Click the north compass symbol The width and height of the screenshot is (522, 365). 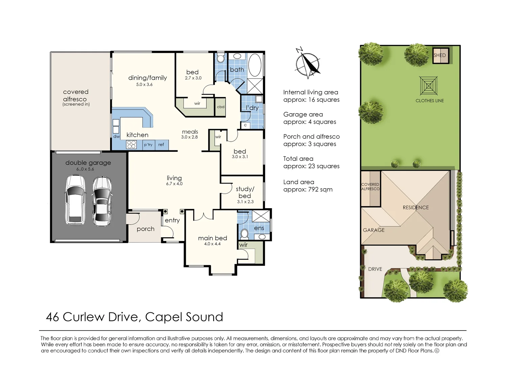[308, 63]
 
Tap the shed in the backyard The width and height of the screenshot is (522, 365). [441, 55]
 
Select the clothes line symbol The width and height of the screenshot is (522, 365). [428, 86]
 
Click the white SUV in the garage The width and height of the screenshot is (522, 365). [75, 200]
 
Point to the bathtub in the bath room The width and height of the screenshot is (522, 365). [255, 65]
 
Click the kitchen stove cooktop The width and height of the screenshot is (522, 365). [131, 144]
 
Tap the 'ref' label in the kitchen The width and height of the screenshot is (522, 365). [161, 144]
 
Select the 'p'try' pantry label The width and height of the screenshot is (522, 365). [148, 145]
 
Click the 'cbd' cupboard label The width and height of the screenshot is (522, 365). [220, 107]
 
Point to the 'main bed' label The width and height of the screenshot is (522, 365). [213, 238]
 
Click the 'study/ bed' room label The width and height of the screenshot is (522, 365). [245, 192]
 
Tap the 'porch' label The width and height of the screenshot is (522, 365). [146, 229]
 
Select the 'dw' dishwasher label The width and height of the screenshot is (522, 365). [116, 136]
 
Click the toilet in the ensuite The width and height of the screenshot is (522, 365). [244, 233]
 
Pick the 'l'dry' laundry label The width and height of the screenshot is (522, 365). [252, 108]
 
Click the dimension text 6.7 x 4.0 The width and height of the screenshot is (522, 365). [174, 184]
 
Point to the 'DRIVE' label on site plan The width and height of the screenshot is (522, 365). [375, 269]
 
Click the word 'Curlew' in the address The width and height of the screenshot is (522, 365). [83, 317]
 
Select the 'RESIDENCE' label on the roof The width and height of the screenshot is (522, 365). [416, 208]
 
